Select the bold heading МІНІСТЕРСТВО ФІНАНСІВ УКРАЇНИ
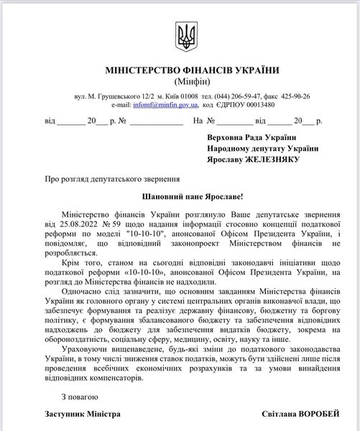(180, 72)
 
